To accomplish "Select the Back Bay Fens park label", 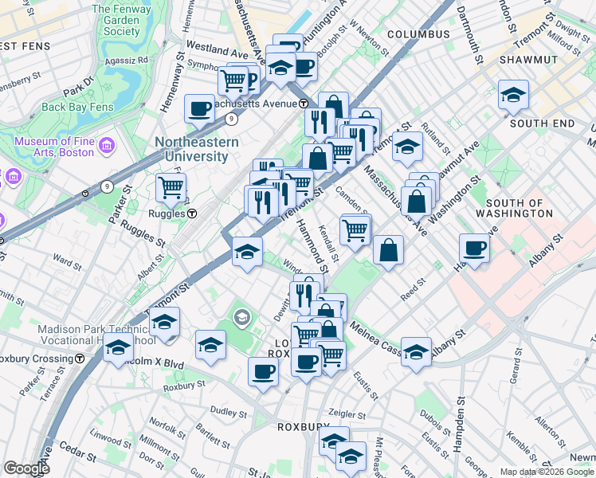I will [78, 107].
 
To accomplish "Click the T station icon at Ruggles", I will [192, 214].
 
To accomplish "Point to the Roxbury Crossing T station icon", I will [80, 358].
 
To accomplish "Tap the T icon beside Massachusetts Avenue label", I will [304, 104].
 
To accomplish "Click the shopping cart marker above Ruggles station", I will [171, 188].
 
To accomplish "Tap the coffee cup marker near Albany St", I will [473, 247].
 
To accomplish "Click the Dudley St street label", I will [229, 411].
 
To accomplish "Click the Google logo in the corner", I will [27, 468].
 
